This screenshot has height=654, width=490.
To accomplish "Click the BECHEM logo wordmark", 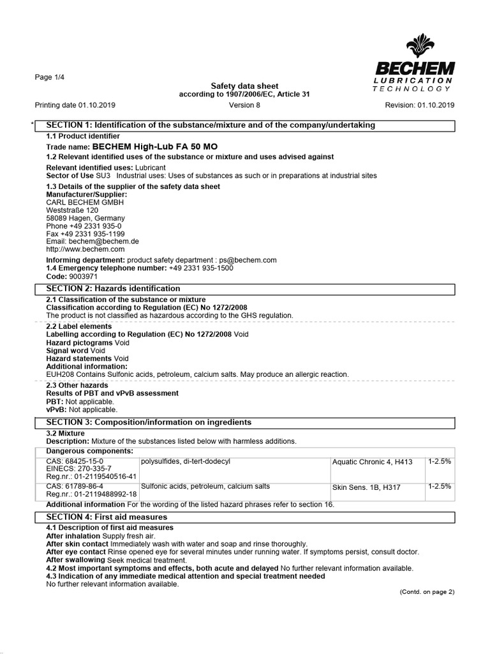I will pos(415,68).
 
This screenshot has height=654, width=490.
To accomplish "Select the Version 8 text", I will pos(244,105).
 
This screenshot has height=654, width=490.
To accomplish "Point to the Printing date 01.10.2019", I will pos(75,105).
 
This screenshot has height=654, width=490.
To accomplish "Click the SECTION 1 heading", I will pos(211,125).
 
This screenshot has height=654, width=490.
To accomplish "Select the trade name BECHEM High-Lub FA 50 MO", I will pos(131,146).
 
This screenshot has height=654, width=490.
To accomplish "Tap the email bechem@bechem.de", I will pos(93,241).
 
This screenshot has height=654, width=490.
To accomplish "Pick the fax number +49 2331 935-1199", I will pos(85,234).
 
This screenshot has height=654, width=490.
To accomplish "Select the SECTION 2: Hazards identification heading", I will pos(114,289).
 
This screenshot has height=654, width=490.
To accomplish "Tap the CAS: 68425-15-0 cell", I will pos(75,461).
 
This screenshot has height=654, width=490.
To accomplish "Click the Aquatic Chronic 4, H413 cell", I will pos(372,462).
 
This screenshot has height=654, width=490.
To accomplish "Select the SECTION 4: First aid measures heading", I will pos(107,517).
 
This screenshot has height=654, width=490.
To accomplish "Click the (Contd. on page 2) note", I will pos(427,592).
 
